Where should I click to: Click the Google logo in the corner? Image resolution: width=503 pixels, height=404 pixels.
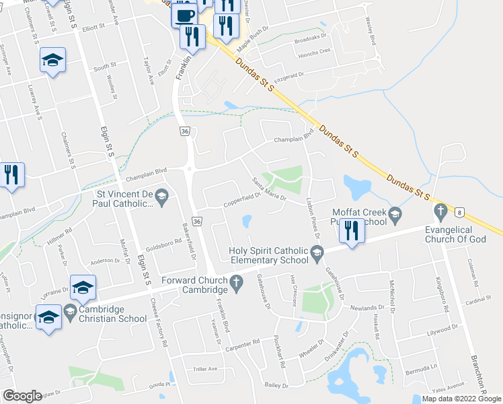click(x=22, y=396)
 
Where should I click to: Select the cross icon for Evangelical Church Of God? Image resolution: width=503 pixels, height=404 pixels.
click(x=440, y=213)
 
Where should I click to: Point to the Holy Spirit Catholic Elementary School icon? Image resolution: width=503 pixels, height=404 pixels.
click(x=317, y=252)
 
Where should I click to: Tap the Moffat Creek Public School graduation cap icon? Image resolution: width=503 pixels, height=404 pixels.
click(x=395, y=214)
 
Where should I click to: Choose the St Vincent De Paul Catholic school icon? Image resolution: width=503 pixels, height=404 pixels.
click(x=161, y=197)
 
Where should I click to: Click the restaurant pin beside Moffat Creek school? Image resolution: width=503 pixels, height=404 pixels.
click(x=352, y=231)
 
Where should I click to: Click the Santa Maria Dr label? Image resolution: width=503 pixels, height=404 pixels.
click(x=269, y=189)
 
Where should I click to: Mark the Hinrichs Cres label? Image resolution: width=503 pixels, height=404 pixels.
click(x=314, y=50)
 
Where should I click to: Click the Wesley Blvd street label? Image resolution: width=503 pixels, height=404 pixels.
click(x=371, y=31)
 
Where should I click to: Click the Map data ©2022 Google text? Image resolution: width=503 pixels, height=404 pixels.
click(x=461, y=399)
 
